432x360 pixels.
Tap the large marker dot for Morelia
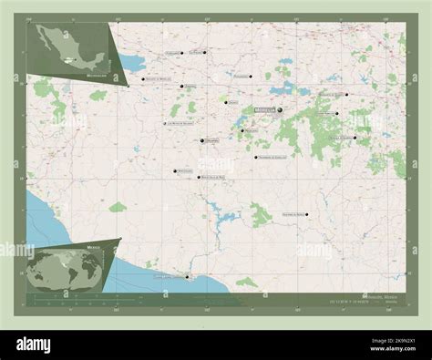(x=280, y=110)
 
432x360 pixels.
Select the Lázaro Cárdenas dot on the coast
(x=187, y=276)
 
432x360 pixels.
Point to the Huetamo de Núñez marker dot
(x=307, y=215)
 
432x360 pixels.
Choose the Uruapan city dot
(x=201, y=140)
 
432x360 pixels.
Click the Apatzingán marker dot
(x=175, y=170)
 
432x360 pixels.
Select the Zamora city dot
(x=184, y=87)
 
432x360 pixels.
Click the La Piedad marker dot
(x=206, y=52)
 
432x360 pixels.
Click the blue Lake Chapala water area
(x=133, y=64)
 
